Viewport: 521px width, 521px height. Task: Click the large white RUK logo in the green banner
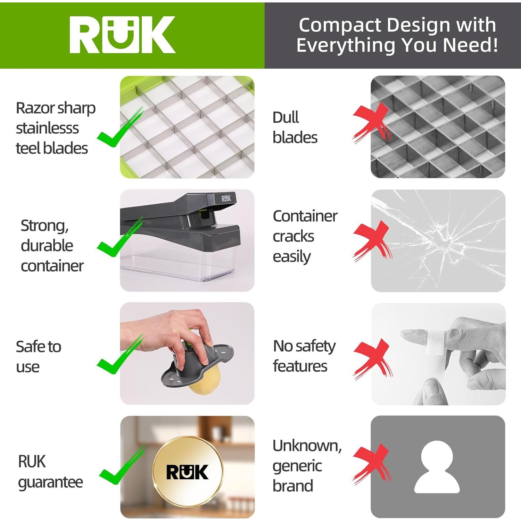[x=122, y=35]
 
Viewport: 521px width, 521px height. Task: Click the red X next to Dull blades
[x=371, y=122]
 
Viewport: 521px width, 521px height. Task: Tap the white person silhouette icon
[x=437, y=467]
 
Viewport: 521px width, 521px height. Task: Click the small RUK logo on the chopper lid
[x=226, y=198]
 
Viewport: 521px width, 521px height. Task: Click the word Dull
[x=286, y=117]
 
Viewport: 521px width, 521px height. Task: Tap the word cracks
[x=293, y=237]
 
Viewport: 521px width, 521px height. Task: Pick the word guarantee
[x=50, y=482]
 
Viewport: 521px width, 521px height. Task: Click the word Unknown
[x=307, y=446]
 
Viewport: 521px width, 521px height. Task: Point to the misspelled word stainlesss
[x=47, y=128]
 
